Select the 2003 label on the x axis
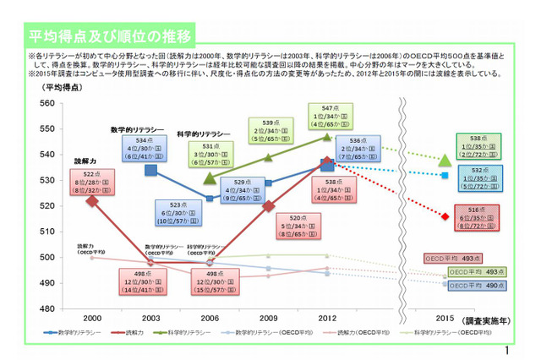tap(150, 318)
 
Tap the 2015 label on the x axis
tap(445, 318)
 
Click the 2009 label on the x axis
tap(269, 318)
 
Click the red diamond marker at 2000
tap(92, 200)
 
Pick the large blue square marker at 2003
tap(150, 170)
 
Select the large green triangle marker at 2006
tap(210, 178)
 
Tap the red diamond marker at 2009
tap(269, 205)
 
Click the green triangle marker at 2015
tap(445, 160)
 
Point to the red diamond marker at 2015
tap(445, 216)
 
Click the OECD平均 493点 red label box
tap(452, 259)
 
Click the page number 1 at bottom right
tap(505, 351)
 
